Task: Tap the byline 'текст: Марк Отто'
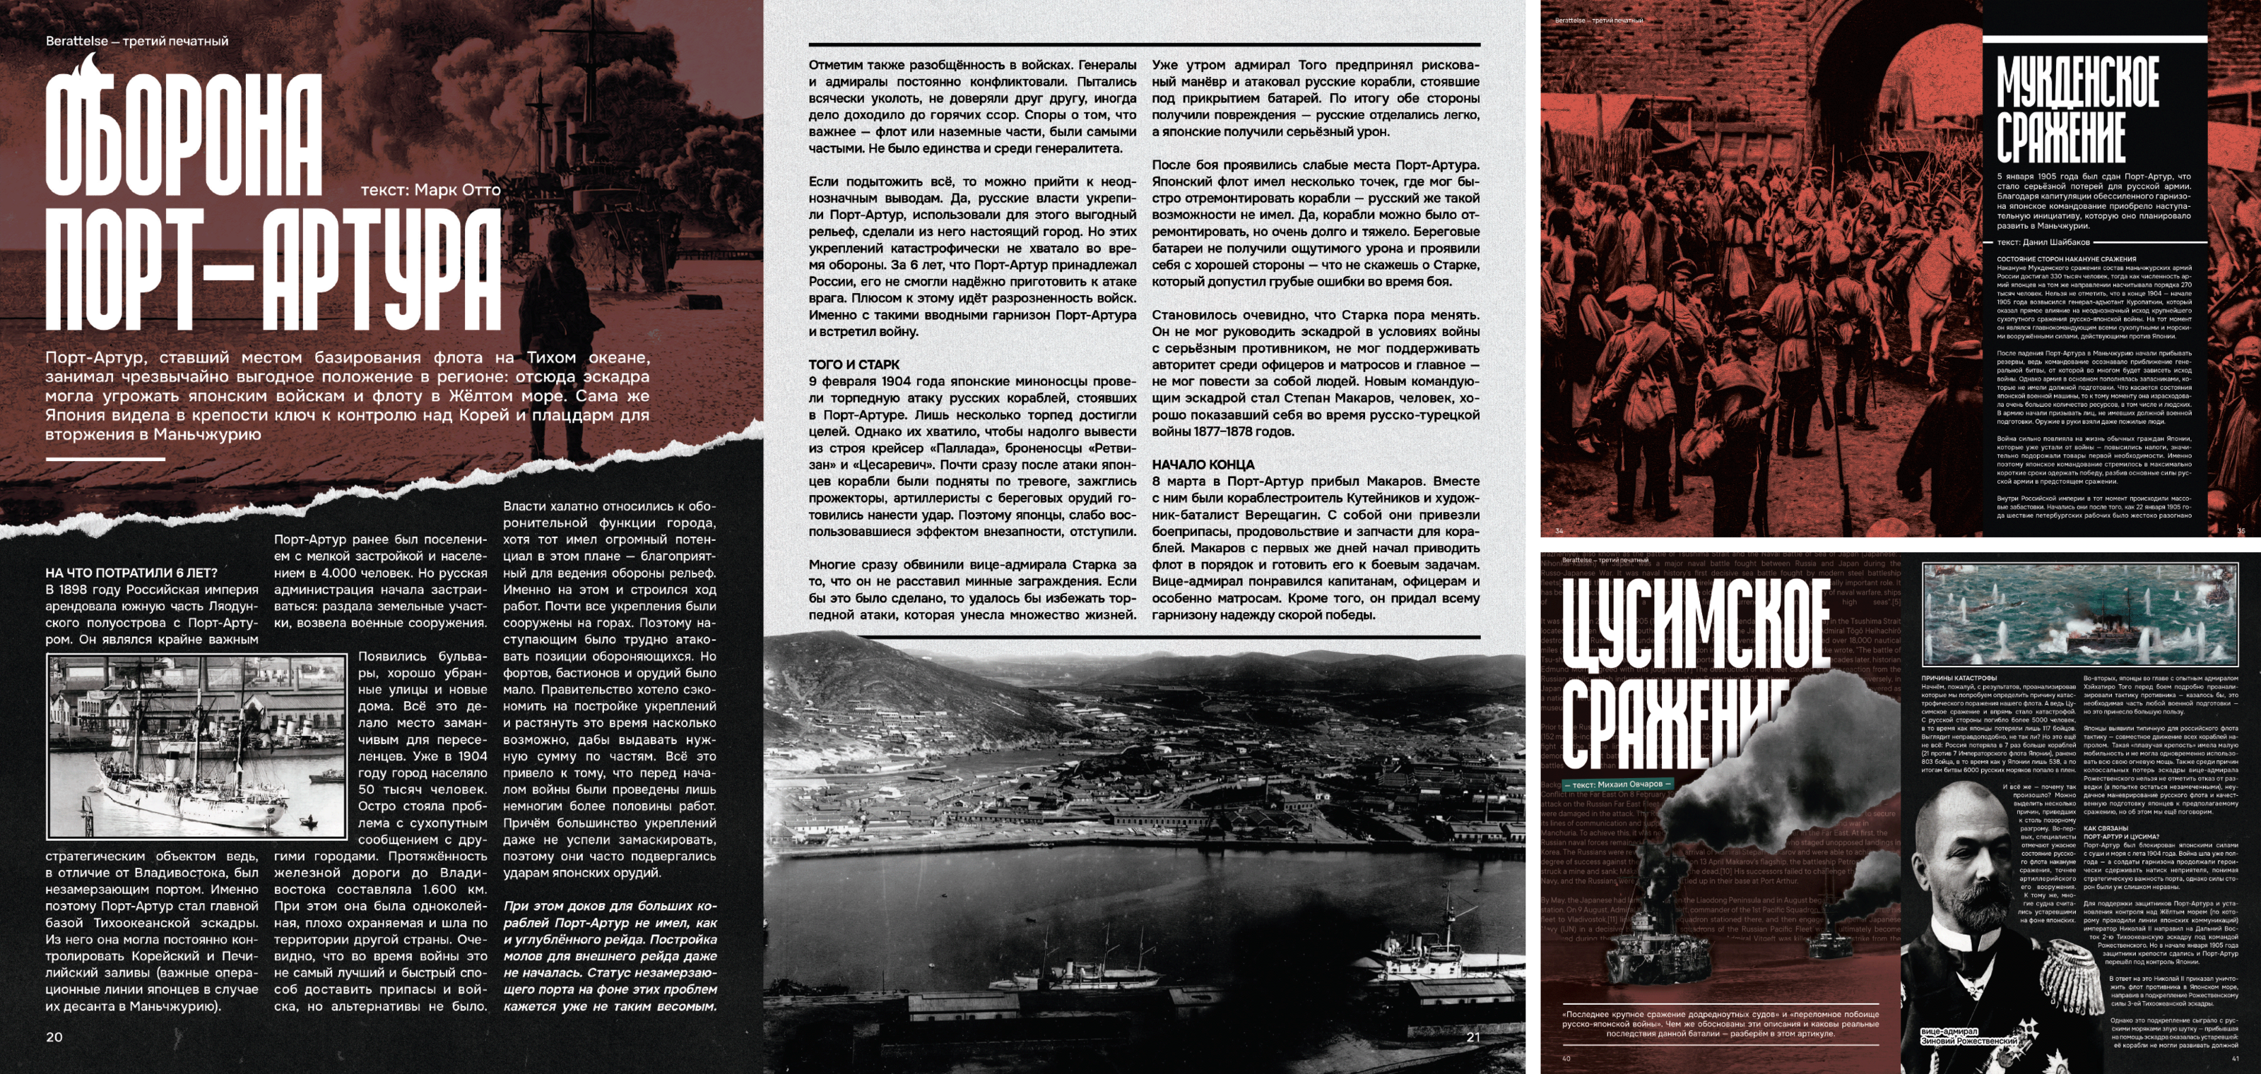430,189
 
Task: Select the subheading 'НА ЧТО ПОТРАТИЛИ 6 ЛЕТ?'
131,572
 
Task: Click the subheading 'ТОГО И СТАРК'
854,364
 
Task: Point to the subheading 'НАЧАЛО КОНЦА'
1203,464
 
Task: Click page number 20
54,1037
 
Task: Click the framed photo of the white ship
196,746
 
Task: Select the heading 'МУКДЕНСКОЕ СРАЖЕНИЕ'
2077,109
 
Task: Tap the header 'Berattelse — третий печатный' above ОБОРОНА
137,41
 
